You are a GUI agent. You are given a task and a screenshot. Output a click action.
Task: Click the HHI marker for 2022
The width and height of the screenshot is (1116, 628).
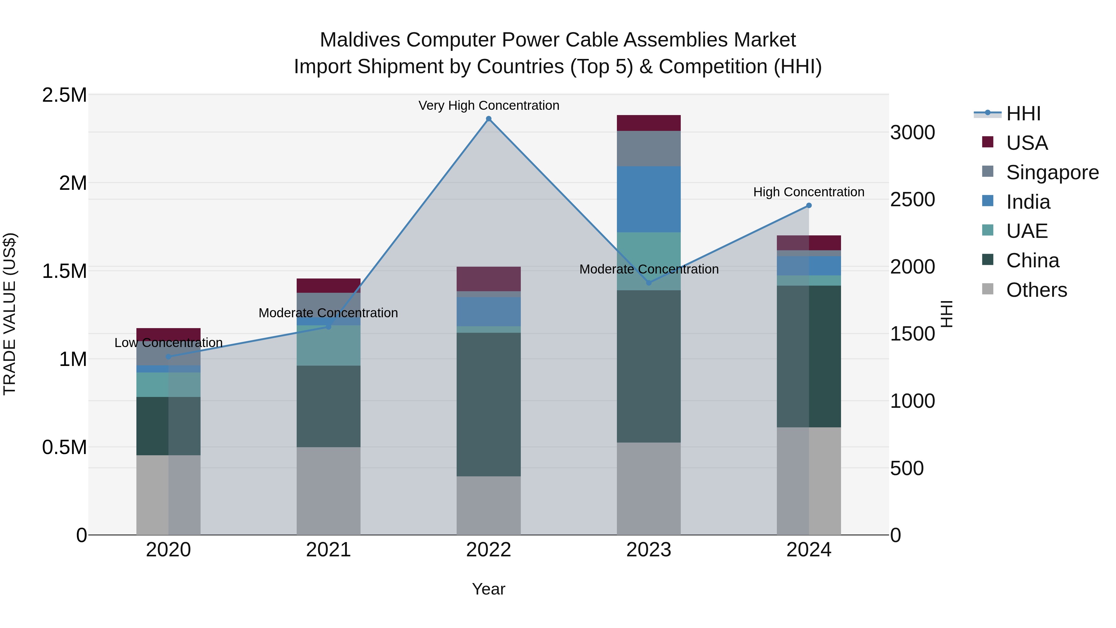489,119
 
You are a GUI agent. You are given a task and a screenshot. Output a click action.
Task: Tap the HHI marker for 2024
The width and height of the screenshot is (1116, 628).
809,205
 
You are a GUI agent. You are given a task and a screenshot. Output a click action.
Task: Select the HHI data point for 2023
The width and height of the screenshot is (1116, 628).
649,283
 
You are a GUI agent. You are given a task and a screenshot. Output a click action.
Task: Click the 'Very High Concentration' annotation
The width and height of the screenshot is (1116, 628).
489,105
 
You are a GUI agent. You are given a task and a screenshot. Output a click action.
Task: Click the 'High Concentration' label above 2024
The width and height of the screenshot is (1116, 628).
808,192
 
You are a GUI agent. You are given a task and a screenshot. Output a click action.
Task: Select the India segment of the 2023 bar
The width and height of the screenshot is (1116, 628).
649,199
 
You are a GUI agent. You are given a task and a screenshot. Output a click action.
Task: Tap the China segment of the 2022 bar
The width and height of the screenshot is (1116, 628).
489,404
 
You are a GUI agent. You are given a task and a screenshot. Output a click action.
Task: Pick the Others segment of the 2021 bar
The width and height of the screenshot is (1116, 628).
328,491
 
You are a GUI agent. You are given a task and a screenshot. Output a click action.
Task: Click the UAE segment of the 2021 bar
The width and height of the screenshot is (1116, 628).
328,345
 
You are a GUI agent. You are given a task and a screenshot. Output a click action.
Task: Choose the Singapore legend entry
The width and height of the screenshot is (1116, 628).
1052,172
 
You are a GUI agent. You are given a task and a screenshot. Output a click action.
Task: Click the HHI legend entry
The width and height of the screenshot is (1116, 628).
1023,114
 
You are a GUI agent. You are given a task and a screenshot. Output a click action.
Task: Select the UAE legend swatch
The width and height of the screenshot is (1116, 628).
988,230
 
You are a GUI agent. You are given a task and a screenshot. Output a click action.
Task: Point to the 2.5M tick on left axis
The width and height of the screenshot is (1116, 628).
64,95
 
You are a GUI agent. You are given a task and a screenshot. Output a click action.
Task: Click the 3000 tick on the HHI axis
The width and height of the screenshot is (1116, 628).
912,133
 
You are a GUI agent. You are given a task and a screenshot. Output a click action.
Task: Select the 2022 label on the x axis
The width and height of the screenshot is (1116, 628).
489,550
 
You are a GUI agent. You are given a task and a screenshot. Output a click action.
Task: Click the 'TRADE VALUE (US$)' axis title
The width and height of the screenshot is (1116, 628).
10,314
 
